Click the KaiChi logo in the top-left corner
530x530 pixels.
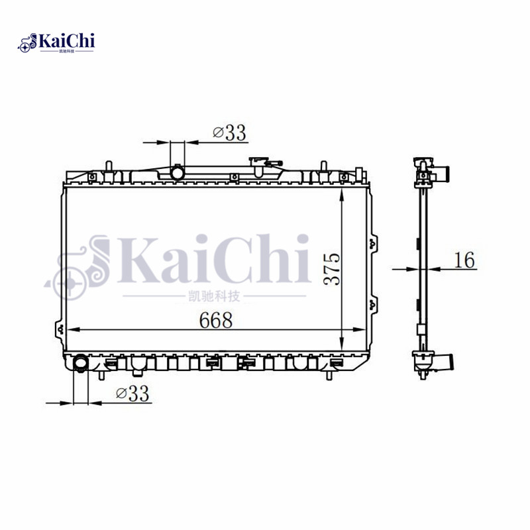click(x=56, y=43)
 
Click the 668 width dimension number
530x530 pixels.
click(x=216, y=320)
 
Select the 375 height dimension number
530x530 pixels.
click(x=334, y=268)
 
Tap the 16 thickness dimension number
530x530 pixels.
click(x=464, y=260)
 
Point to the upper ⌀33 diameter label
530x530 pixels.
click(x=229, y=133)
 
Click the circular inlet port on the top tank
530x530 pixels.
click(x=177, y=173)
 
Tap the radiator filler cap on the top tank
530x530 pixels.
click(x=259, y=162)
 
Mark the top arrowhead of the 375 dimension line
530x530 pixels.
click(x=341, y=193)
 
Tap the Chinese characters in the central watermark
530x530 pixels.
click(x=215, y=297)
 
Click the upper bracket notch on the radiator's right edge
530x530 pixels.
click(x=376, y=242)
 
